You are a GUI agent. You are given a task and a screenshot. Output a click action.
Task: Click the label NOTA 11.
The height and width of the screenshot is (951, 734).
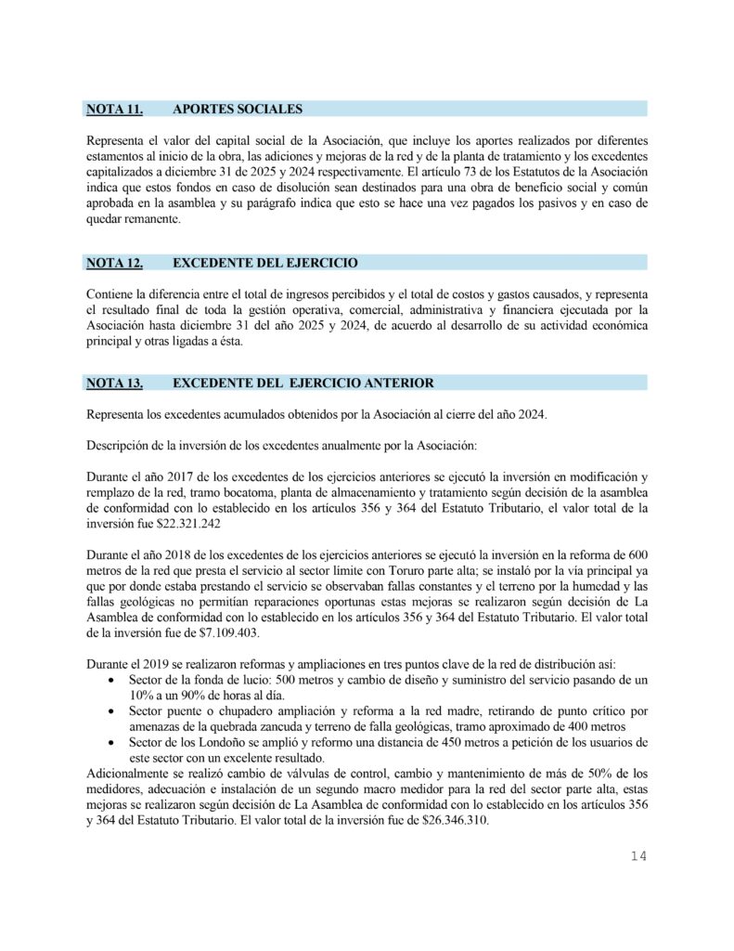[x=114, y=110]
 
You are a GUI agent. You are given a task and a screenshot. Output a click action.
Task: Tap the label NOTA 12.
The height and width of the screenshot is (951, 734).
[x=114, y=263]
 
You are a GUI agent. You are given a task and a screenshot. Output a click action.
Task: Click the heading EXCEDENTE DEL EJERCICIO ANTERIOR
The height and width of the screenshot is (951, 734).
[x=303, y=383]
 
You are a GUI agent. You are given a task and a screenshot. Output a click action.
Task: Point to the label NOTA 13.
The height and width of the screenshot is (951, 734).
[x=114, y=383]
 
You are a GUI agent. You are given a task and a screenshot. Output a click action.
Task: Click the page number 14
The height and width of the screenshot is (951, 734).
[x=637, y=855]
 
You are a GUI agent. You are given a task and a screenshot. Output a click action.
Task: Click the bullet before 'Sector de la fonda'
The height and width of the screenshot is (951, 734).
[x=111, y=682]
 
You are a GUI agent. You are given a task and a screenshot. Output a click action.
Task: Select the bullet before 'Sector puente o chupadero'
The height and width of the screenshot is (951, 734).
[x=111, y=712]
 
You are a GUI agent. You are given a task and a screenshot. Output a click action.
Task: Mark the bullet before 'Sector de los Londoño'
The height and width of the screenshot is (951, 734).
[x=111, y=743]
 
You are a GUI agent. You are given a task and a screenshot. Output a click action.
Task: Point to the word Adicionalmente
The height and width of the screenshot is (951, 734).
[x=129, y=774]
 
